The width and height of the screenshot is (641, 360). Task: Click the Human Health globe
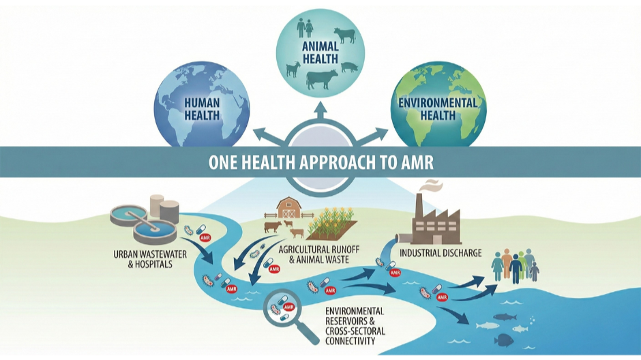201,106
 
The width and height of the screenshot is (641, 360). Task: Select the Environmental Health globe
438,106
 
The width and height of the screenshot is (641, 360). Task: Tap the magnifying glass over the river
283,307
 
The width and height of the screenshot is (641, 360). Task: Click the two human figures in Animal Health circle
305,27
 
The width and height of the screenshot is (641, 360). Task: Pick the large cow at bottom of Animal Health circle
321,79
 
